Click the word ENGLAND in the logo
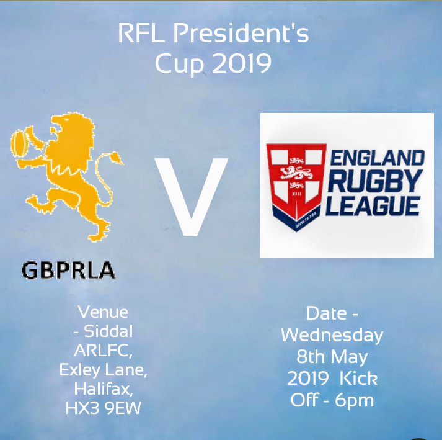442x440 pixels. point(376,157)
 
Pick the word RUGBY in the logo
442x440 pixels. point(375,182)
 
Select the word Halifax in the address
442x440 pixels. point(104,390)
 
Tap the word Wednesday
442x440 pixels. point(332,335)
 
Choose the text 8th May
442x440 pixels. point(332,357)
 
